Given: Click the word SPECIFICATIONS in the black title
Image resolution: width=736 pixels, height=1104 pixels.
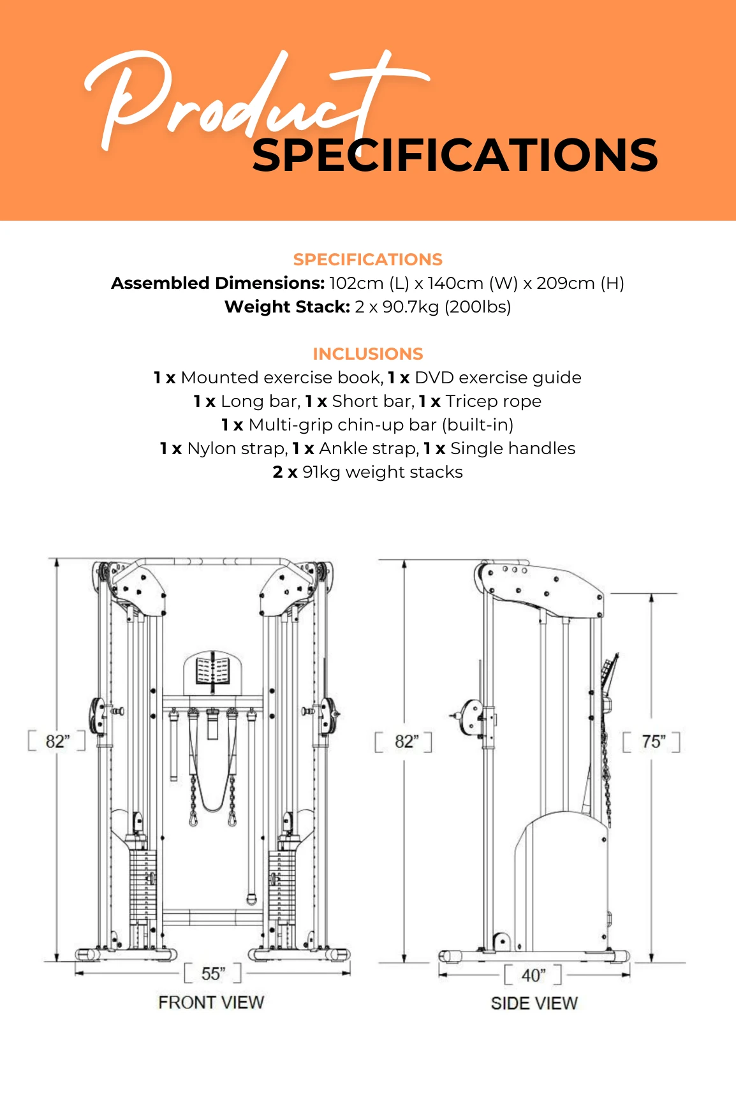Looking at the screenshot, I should pos(455,156).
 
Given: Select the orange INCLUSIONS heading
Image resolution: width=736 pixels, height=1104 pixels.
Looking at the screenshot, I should pos(368,354).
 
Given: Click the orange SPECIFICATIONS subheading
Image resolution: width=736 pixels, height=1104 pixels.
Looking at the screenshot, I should pos(368,260).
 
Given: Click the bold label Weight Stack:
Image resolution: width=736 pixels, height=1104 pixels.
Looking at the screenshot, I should pos(287,307).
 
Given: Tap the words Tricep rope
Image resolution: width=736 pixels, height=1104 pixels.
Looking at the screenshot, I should pos(494,401).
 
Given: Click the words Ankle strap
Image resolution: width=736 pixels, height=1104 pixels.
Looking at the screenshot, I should pos(367,448).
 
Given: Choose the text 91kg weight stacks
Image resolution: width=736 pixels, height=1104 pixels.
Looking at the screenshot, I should pos(383,472).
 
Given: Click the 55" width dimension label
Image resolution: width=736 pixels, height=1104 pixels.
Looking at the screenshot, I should pos(213,974).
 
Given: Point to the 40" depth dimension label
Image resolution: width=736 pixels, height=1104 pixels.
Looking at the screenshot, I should pos(533,975).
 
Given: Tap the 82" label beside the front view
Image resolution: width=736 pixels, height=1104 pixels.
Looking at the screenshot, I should pos(57,741).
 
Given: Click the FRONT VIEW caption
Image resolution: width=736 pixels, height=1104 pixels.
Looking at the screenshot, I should pos(211,1003).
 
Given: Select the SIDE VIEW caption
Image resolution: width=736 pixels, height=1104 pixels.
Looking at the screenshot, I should pos(534,1004).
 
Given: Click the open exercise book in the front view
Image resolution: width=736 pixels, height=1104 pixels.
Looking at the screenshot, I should pos(212,671).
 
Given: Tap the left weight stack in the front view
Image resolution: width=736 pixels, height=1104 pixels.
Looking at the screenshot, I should pos(143,887).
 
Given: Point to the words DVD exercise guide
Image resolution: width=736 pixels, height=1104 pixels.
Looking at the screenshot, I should pos(497,378).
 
